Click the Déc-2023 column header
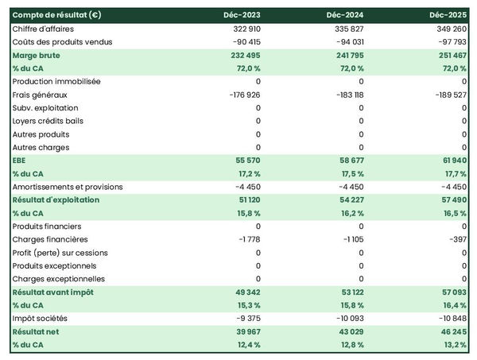pyautogui.click(x=242, y=15)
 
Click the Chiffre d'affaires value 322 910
pyautogui.click(x=242, y=29)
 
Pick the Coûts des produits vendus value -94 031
pyautogui.click(x=344, y=41)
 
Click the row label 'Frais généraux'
pyautogui.click(x=39, y=95)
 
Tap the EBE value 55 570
pyautogui.click(x=245, y=161)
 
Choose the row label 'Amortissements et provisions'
pyautogui.click(x=68, y=187)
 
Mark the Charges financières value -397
pyautogui.click(x=456, y=239)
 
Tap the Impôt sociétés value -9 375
pyautogui.click(x=244, y=319)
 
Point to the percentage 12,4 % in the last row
pyautogui.click(x=246, y=345)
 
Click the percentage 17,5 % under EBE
pyautogui.click(x=349, y=173)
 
